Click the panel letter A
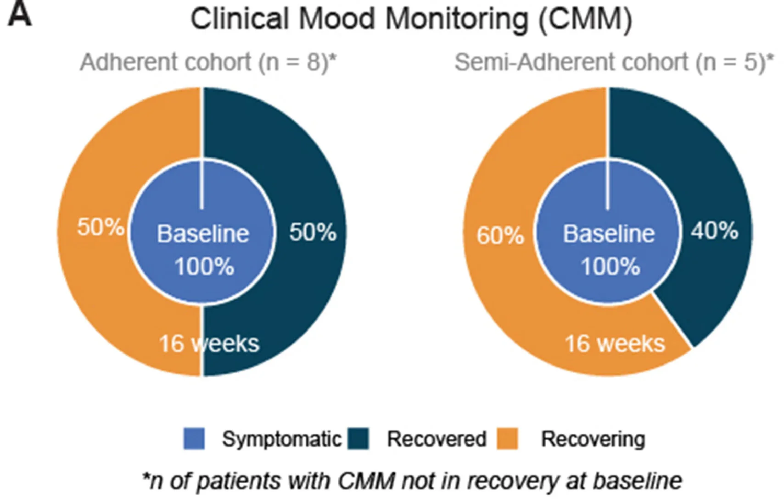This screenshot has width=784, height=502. coord(20,15)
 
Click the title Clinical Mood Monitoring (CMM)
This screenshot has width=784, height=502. coord(411,19)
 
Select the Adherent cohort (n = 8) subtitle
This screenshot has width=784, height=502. coord(208,62)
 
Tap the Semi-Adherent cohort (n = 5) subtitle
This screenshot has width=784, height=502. coord(614,62)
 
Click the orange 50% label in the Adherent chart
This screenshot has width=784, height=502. coord(101,227)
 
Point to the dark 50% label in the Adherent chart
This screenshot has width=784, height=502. coord(313,232)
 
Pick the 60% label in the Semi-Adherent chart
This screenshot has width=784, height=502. coord(500,236)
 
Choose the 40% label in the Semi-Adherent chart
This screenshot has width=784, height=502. coord(714,231)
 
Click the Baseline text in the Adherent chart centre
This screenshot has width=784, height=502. coord(203,234)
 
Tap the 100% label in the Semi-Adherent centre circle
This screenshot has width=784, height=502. coord(610,267)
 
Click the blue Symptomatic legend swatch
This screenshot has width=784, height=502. coord(194,439)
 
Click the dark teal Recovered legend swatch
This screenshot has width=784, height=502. coord(358,439)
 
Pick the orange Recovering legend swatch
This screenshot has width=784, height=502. coord(507,439)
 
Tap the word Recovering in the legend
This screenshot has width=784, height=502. coord(593,439)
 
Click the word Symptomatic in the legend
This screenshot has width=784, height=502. coord(282,439)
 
